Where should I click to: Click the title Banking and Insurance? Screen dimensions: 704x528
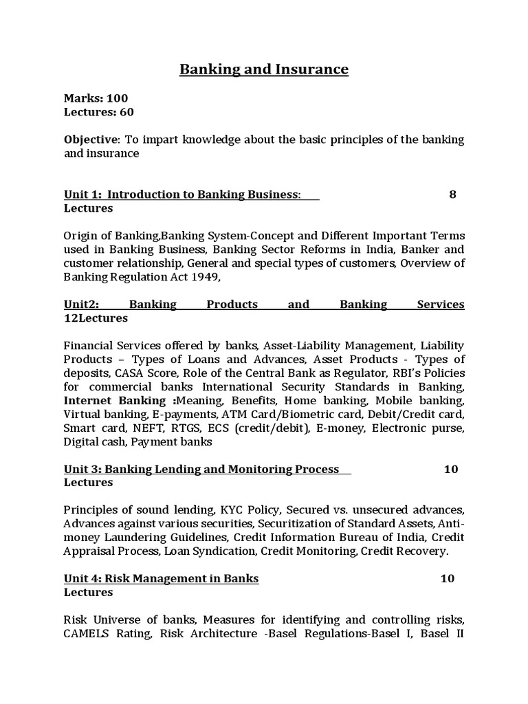[x=264, y=69]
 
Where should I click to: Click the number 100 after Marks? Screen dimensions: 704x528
[x=117, y=98]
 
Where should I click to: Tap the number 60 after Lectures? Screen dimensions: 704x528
[x=126, y=111]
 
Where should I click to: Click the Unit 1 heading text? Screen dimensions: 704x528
[x=181, y=195]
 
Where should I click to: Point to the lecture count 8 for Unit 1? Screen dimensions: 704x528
[x=452, y=195]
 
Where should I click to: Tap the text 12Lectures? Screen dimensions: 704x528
[x=96, y=318]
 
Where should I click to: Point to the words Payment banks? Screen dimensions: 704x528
[x=181, y=442]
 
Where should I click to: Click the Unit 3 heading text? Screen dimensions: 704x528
[x=201, y=469]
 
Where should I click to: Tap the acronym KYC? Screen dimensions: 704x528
[x=232, y=510]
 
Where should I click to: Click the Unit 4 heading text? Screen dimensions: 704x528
[x=161, y=579]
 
